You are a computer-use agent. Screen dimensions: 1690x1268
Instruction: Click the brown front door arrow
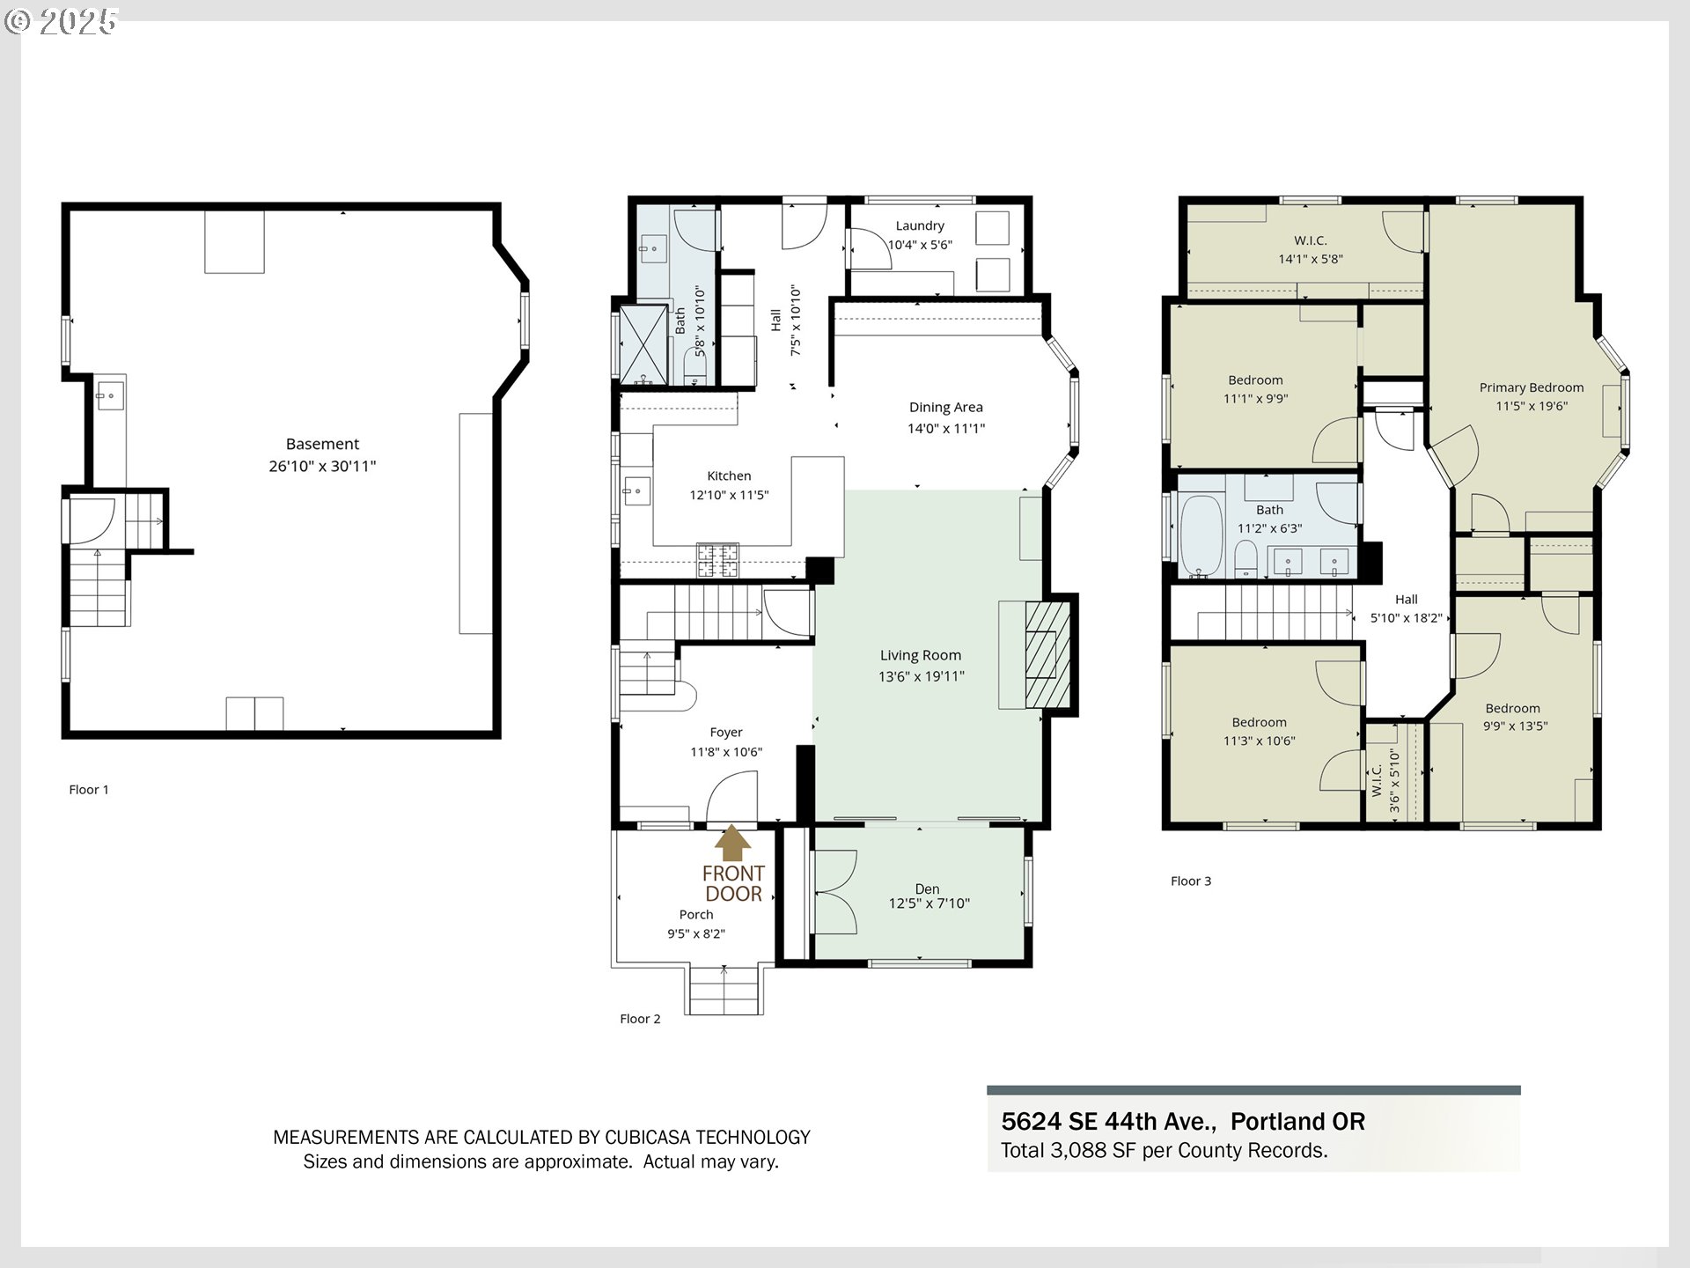[x=732, y=843]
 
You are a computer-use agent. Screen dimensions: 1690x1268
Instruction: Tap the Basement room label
[x=322, y=444]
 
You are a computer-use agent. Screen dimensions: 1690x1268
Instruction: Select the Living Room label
[x=921, y=655]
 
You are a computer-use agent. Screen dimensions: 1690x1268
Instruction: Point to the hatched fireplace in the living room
[x=1047, y=654]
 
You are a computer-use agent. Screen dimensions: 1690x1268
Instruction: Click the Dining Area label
[x=946, y=407]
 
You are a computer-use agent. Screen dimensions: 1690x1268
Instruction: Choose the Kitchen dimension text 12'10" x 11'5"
[x=729, y=495]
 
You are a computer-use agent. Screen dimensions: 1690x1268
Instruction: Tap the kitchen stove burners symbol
[x=717, y=559]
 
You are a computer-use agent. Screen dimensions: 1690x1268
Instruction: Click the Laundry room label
[x=920, y=226]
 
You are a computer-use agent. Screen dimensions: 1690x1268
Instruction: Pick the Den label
[x=927, y=889]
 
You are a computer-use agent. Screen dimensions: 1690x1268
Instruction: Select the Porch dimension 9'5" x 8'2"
[x=696, y=933]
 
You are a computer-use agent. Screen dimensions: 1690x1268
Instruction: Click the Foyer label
[x=726, y=733]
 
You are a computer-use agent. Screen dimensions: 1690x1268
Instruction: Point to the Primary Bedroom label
[x=1532, y=387]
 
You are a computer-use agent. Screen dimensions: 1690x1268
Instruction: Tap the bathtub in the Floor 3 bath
[x=1201, y=536]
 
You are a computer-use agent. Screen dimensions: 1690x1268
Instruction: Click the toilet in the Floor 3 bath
[x=1245, y=559]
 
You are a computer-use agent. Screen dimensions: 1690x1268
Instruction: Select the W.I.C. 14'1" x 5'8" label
[x=1311, y=249]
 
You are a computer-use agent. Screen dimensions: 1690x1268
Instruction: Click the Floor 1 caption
[x=89, y=790]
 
